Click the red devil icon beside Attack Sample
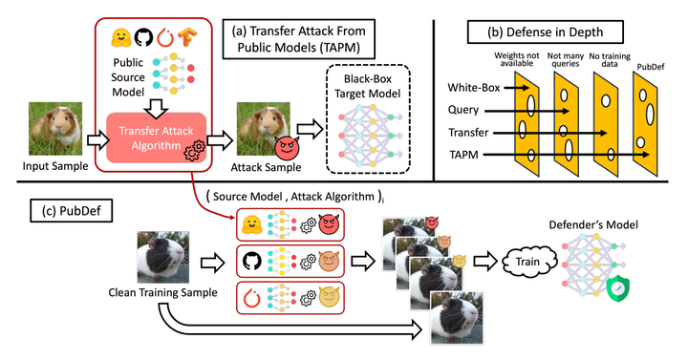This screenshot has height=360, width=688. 288,148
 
